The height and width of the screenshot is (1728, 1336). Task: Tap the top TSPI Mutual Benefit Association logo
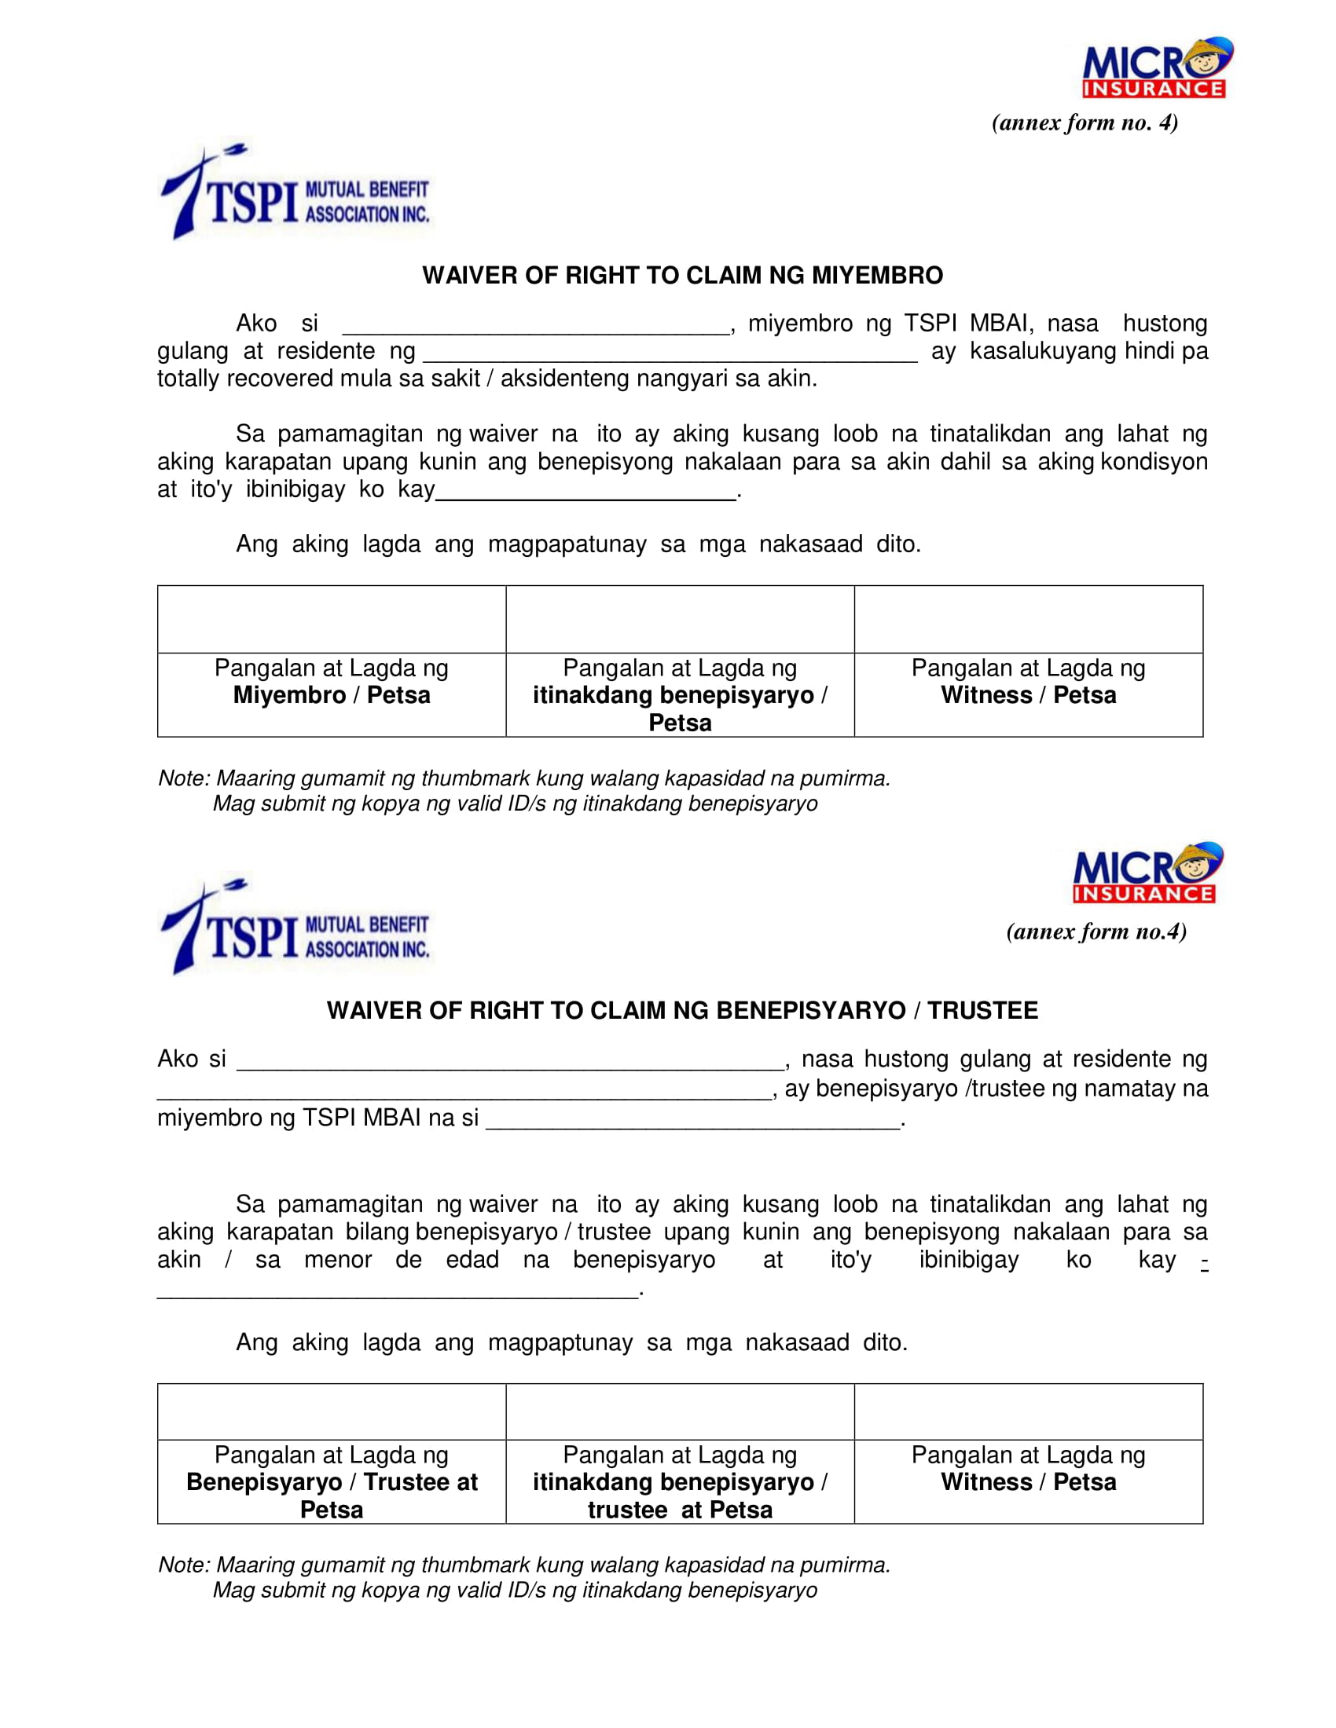pyautogui.click(x=295, y=192)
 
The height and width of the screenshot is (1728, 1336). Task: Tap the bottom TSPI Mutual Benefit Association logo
pyautogui.click(x=295, y=928)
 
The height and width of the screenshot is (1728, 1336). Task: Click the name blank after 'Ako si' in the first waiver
pyautogui.click(x=535, y=326)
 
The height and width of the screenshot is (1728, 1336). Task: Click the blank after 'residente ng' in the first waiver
pyautogui.click(x=670, y=353)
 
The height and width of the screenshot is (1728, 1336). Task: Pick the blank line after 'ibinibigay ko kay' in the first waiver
pyautogui.click(x=585, y=492)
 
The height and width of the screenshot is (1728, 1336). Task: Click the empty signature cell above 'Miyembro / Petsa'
pyautogui.click(x=332, y=620)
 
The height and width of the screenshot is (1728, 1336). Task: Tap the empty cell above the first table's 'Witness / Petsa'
pyautogui.click(x=1028, y=620)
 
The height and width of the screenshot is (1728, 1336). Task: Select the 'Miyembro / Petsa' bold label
pyautogui.click(x=332, y=695)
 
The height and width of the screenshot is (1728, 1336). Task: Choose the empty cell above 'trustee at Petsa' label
pyautogui.click(x=680, y=1411)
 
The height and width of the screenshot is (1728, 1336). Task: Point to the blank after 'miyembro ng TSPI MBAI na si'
pyautogui.click(x=692, y=1119)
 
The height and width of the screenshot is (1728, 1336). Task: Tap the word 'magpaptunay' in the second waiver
pyautogui.click(x=560, y=1342)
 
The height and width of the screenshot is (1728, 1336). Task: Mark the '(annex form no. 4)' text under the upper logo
pyautogui.click(x=1085, y=123)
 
